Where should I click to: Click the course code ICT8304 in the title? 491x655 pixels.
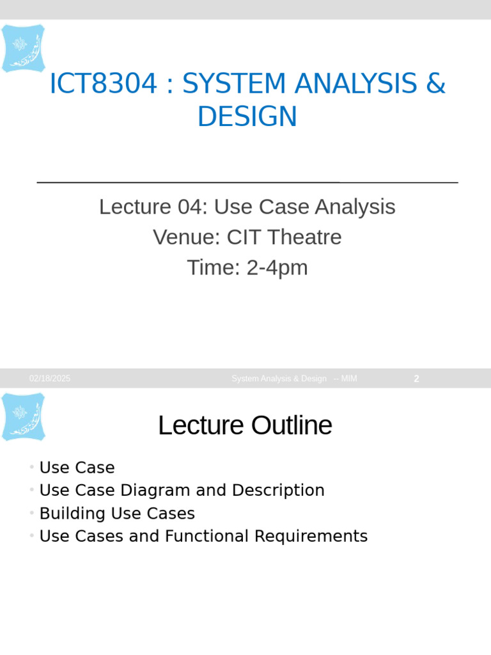click(103, 84)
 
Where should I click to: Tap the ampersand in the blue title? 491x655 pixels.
click(435, 84)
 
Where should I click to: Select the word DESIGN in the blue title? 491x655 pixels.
click(247, 117)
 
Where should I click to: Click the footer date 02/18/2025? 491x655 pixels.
click(50, 379)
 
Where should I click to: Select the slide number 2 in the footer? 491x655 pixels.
click(416, 379)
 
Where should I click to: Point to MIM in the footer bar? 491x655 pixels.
click(349, 379)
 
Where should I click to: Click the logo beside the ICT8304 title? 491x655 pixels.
click(23, 48)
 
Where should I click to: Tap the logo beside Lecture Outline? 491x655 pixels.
click(23, 416)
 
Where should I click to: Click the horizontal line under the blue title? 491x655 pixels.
click(247, 182)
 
